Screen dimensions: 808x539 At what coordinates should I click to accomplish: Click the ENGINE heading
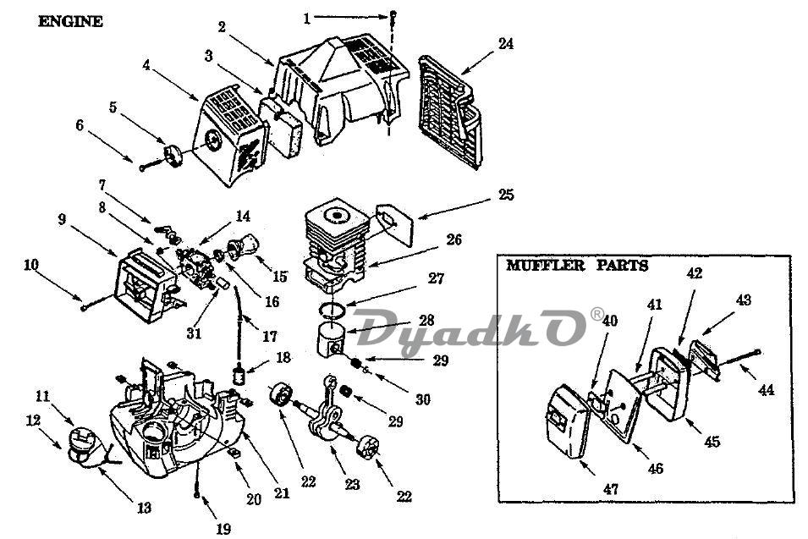70,22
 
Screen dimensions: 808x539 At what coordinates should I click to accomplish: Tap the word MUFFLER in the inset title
546,266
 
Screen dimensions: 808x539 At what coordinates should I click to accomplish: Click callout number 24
505,43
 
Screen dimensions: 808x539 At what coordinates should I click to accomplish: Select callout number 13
145,508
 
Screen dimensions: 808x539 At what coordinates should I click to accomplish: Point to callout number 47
611,488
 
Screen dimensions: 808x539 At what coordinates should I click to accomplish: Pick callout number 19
223,529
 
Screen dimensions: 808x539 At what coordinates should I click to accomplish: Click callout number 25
506,195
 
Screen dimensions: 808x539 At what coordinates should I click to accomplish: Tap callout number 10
31,265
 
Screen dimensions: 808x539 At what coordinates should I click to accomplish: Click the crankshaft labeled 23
327,416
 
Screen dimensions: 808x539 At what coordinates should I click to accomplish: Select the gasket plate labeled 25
395,223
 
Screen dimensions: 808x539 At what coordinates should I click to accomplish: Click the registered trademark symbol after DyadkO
596,314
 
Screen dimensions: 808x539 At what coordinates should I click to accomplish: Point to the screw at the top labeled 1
393,14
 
